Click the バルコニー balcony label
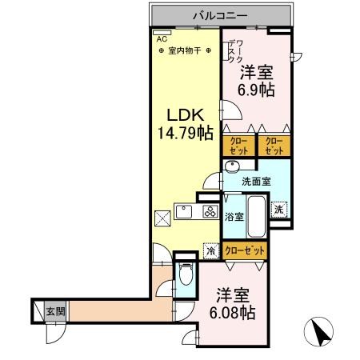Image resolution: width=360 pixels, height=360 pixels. [x=219, y=15]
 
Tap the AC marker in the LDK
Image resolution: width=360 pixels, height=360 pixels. [x=161, y=38]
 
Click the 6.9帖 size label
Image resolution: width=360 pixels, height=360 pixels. [x=258, y=89]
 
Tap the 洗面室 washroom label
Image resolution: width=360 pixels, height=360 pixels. [x=256, y=181]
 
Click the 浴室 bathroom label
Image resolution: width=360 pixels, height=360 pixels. [x=234, y=216]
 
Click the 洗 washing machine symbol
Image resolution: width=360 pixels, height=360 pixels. [x=277, y=208]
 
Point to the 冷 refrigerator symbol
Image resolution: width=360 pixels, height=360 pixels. [x=211, y=250]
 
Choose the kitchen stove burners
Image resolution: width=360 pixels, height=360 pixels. [x=210, y=213]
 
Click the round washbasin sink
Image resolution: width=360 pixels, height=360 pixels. [x=231, y=166]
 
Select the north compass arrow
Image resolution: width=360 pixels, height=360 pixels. [x=321, y=332]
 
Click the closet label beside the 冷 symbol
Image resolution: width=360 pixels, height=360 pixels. [x=244, y=250]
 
